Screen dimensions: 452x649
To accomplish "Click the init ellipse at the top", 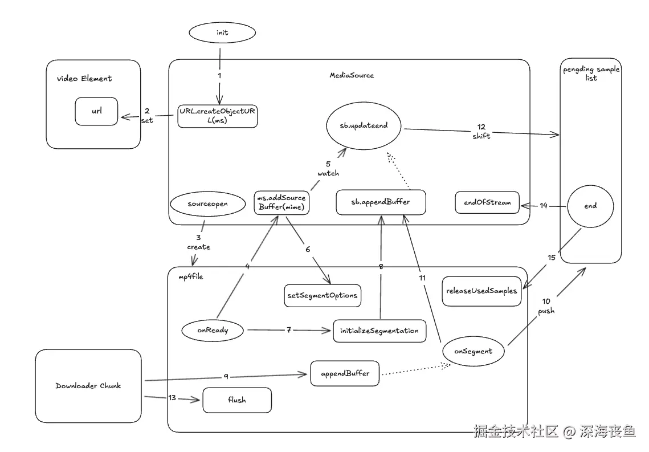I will [222, 32].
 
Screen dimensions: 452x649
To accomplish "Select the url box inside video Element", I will [96, 111].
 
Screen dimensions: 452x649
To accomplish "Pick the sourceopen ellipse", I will [203, 204].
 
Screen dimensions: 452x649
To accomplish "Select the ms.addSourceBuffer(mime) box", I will [281, 203].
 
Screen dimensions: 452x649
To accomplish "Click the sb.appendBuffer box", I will [381, 202].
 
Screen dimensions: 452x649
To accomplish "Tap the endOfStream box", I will [487, 202].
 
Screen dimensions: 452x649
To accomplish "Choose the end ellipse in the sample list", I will [590, 206].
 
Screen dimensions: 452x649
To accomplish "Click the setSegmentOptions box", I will [322, 295].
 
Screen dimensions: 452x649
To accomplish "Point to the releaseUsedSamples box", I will [481, 291].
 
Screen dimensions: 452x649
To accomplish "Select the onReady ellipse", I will [212, 329].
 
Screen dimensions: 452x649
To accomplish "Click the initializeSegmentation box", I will [379, 331].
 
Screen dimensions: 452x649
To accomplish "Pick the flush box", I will [237, 400].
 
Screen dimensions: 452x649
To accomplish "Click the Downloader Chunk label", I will [88, 386].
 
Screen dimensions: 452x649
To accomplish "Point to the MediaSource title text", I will [352, 75].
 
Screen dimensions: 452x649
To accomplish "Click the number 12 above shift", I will [481, 126].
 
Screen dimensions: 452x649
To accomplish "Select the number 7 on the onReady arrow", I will [289, 330].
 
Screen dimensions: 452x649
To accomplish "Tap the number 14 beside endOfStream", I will [544, 205].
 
